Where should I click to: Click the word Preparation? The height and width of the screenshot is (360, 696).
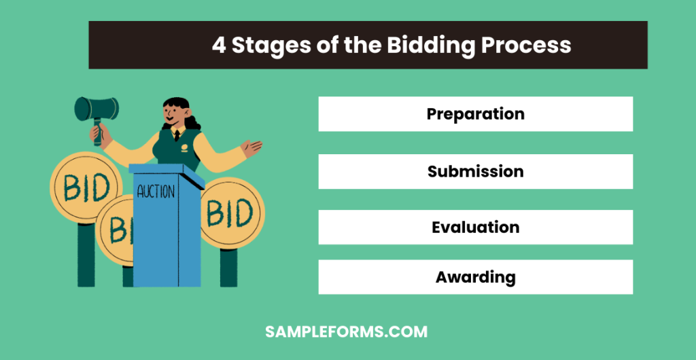pos(475,113)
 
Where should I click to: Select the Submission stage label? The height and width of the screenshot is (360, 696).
pos(475,171)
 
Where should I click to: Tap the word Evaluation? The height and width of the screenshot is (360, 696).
pos(475,227)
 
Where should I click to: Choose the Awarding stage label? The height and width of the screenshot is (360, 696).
pos(475,277)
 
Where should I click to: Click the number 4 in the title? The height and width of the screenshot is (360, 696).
pos(219,45)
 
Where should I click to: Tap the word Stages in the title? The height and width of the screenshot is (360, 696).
pos(274,45)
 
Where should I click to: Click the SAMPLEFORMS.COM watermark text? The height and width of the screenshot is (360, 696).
pos(346,332)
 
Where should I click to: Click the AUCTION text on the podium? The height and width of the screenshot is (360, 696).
pos(156,192)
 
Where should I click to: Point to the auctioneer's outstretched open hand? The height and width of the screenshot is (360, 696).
pos(253,147)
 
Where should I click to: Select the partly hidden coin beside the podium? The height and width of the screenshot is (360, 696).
pos(114,231)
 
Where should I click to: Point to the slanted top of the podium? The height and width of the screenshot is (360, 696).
pos(166,172)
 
